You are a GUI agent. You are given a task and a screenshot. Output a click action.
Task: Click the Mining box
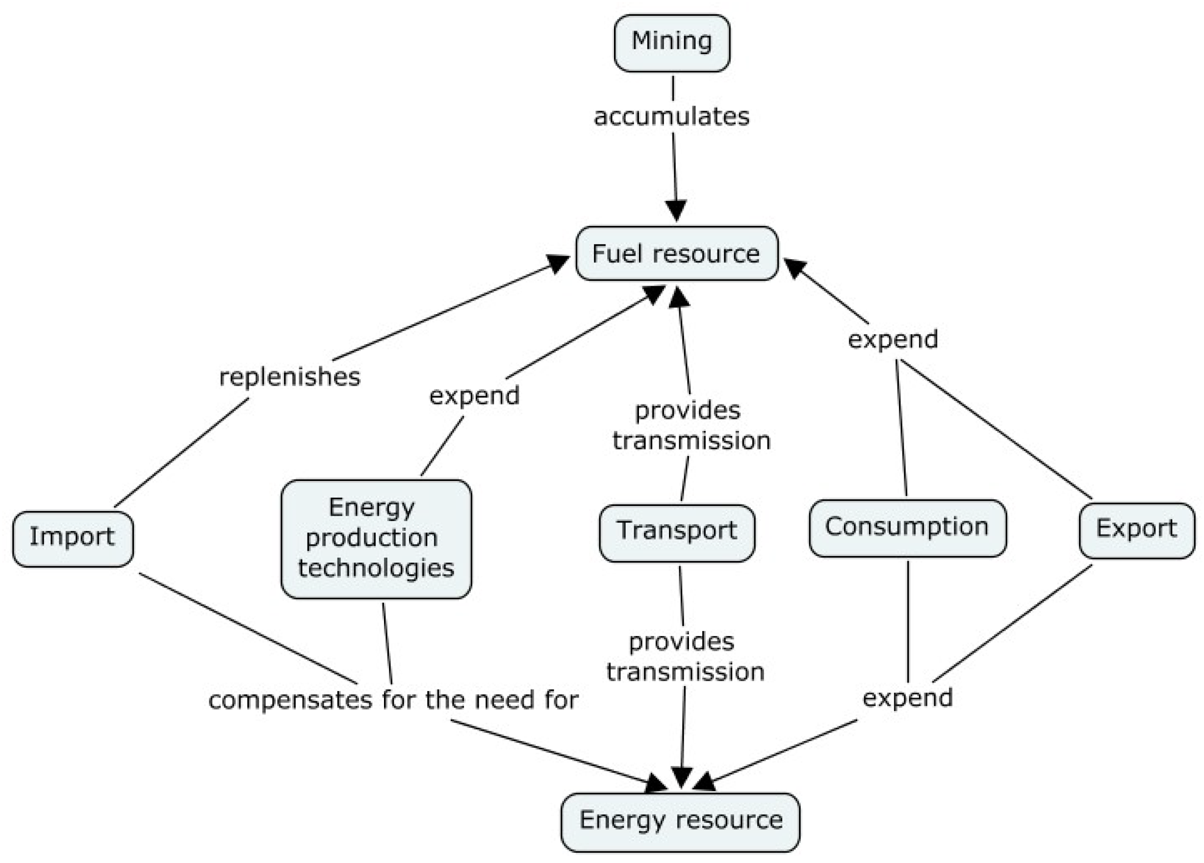[x=672, y=42]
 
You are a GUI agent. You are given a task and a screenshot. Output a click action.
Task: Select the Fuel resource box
[x=676, y=253]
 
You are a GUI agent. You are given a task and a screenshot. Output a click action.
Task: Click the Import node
[x=73, y=539]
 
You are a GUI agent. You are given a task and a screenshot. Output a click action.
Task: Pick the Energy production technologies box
[x=376, y=538]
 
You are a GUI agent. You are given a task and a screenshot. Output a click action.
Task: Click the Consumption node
[x=907, y=527]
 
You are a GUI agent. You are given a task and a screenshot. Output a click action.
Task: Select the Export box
[x=1137, y=529]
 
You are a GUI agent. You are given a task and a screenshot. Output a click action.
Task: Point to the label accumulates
[x=672, y=116]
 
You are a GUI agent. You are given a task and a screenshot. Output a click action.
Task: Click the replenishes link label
[x=290, y=376]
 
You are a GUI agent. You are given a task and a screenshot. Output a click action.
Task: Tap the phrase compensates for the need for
[x=393, y=700]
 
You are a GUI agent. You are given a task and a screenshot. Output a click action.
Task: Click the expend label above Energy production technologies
[x=474, y=396]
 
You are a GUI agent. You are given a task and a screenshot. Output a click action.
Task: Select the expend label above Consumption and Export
[x=893, y=339]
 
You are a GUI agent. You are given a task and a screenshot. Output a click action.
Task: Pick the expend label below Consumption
[x=908, y=697]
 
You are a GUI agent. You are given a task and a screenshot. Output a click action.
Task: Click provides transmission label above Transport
[x=690, y=425]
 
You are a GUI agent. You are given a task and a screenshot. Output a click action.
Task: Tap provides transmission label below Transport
[x=685, y=656]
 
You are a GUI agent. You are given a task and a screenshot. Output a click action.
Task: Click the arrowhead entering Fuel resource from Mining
[x=676, y=211]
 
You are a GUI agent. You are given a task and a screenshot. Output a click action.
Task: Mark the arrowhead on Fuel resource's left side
[x=558, y=263]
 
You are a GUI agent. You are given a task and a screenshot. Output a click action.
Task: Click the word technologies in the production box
[x=376, y=568]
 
